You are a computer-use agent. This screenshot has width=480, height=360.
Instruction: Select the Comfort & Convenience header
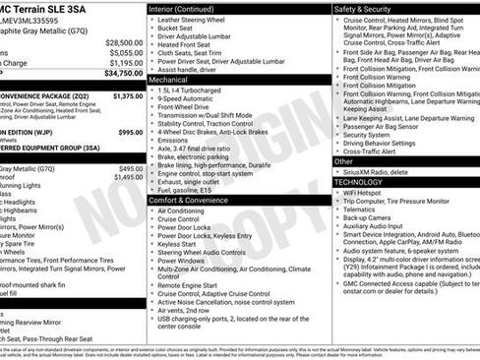[195, 200]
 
